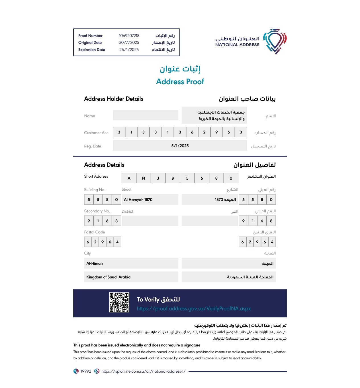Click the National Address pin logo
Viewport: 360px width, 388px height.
click(275, 41)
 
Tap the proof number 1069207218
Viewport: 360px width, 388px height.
click(129, 36)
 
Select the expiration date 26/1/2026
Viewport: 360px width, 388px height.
click(129, 50)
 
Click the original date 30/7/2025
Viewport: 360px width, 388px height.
click(129, 42)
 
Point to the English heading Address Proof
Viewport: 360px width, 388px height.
click(180, 82)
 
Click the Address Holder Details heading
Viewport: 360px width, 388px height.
click(114, 99)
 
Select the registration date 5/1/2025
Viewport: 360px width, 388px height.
click(180, 146)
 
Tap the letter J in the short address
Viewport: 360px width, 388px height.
click(158, 178)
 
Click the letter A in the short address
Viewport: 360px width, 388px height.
click(129, 178)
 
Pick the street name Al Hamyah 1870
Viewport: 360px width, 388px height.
click(138, 200)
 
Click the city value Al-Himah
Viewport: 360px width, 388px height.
click(95, 263)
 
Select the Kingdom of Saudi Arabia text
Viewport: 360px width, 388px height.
click(108, 277)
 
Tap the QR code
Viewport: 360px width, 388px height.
click(119, 302)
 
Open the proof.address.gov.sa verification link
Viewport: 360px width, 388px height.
click(194, 309)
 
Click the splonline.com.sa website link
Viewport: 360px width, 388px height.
click(143, 371)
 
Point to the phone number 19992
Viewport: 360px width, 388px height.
click(86, 371)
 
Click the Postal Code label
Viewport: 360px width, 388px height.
click(94, 232)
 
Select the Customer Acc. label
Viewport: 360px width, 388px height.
click(97, 133)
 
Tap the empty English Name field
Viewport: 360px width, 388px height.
click(146, 115)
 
